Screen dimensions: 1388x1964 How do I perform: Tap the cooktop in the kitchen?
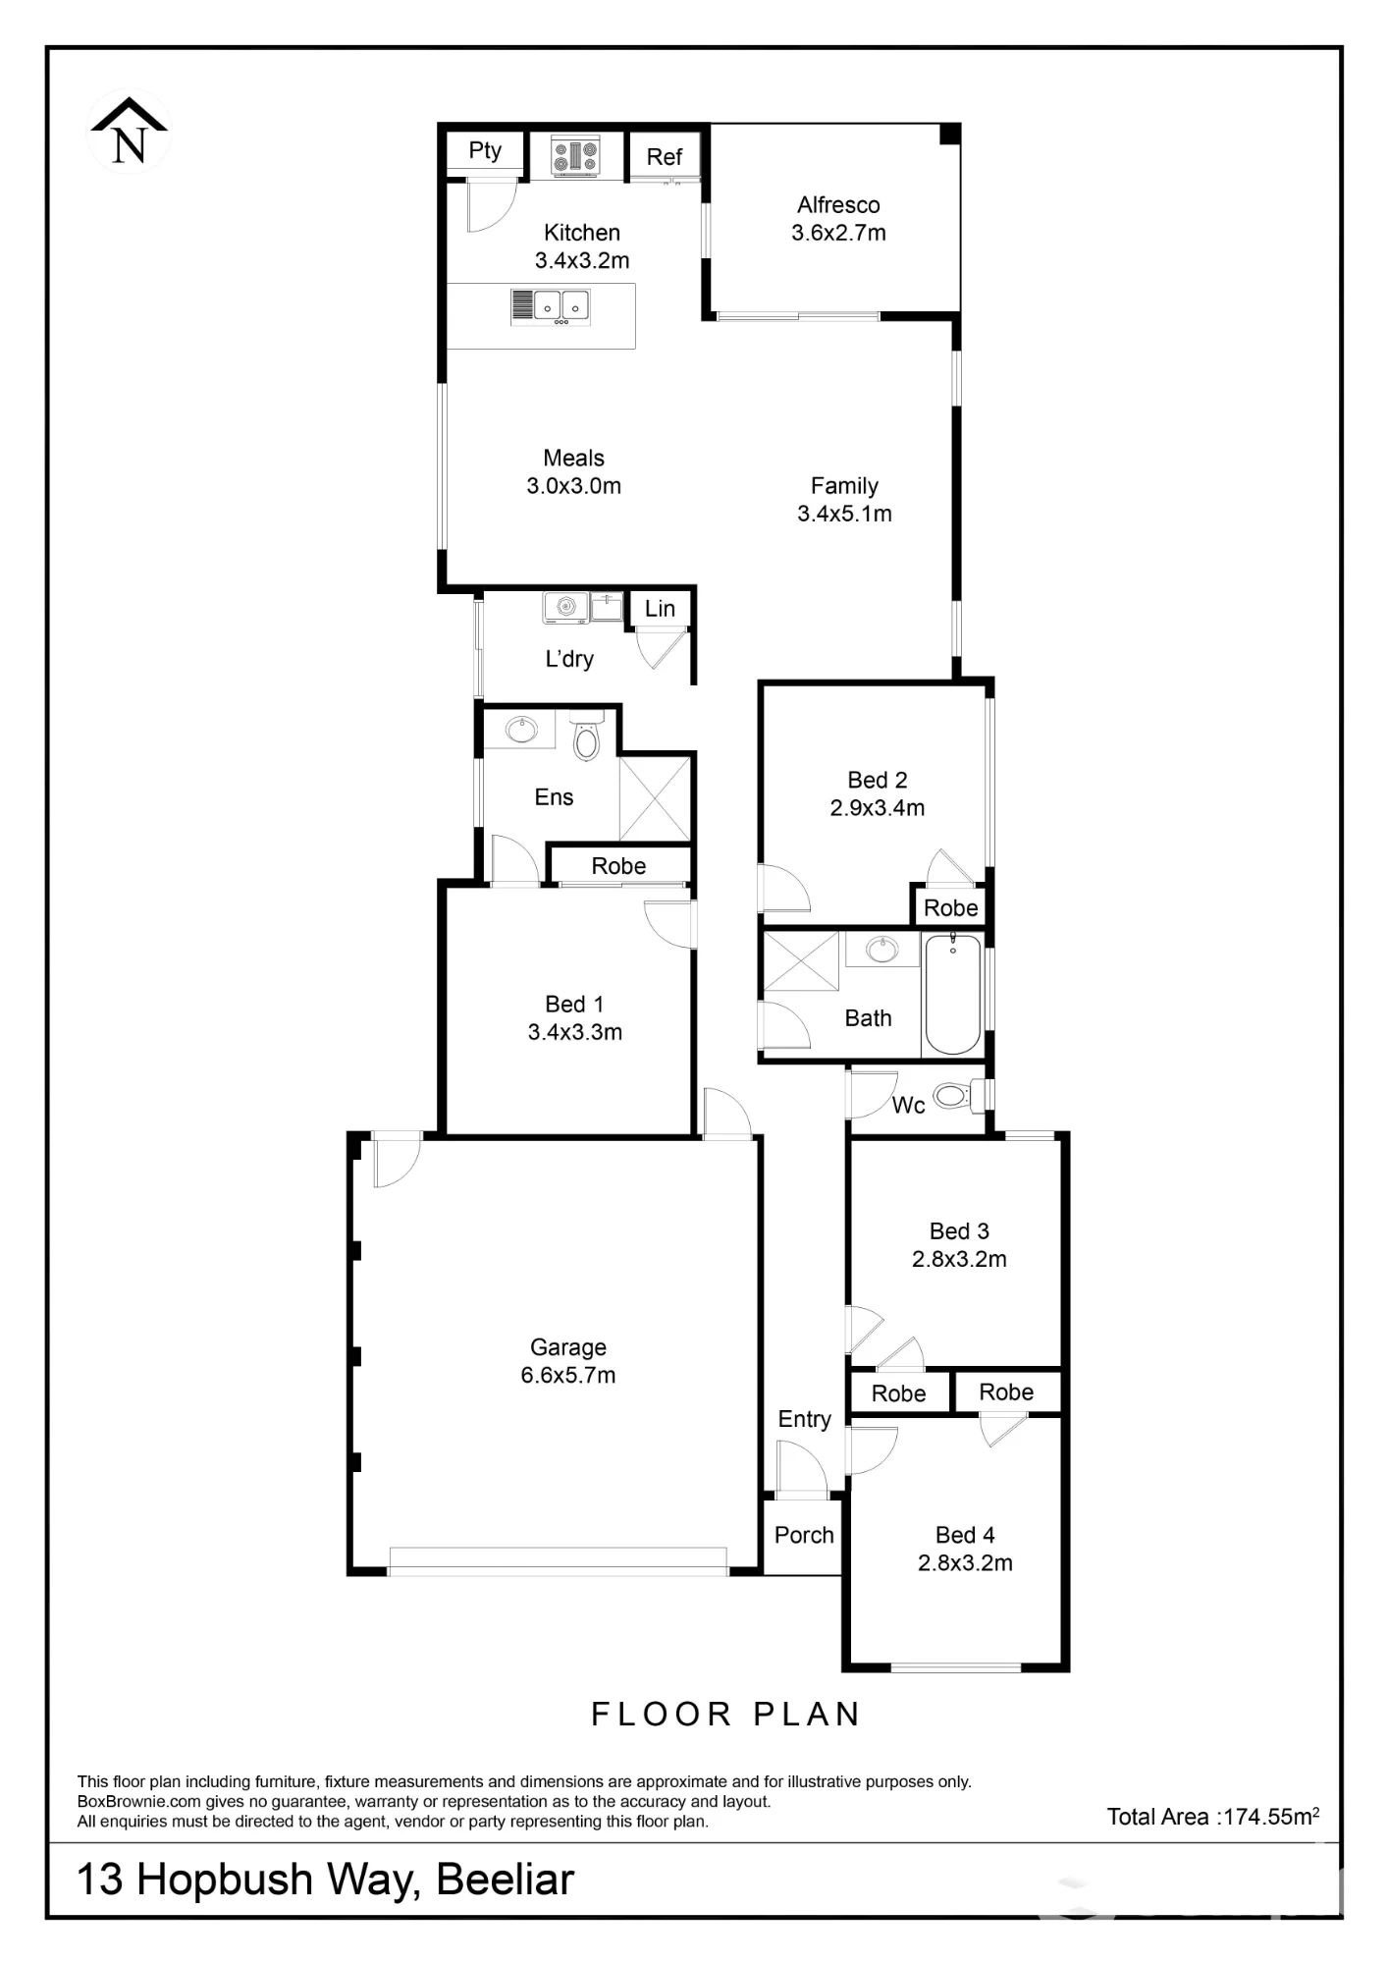point(575,155)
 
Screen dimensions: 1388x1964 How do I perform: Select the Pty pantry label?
point(485,150)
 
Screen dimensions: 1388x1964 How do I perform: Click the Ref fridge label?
point(665,157)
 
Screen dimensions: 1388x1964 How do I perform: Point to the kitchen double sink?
point(551,306)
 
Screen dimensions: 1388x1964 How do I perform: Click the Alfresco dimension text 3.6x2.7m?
point(838,233)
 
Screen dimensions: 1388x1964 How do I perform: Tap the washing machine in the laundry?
point(566,608)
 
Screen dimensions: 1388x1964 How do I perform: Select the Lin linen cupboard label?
point(660,609)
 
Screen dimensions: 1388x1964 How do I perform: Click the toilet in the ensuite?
point(586,737)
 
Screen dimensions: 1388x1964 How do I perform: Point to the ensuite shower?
point(655,799)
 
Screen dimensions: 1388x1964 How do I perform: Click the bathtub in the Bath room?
point(952,994)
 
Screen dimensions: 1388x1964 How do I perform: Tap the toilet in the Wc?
point(956,1094)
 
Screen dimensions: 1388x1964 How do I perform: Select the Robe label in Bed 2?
point(951,908)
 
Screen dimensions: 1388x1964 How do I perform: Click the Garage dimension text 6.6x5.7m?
point(568,1375)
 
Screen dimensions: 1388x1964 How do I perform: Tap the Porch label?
point(804,1535)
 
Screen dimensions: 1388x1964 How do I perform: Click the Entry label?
point(805,1419)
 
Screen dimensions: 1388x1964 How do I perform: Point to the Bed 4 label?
point(965,1535)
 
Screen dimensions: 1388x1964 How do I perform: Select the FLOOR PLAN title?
point(726,1715)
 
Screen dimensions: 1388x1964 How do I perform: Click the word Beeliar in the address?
point(505,1880)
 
